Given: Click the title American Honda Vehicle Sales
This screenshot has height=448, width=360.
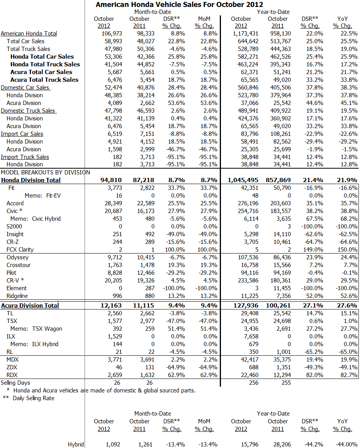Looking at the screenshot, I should tap(179, 5).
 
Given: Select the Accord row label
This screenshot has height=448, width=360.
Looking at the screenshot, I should tap(15, 203).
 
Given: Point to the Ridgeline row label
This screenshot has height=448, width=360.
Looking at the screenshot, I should tap(17, 296).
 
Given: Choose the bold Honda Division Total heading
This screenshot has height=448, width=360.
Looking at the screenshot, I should tap(31, 180).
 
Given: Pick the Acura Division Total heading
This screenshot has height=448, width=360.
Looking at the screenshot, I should tap(30, 306).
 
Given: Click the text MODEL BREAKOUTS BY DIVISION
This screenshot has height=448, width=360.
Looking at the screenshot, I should tap(46, 172).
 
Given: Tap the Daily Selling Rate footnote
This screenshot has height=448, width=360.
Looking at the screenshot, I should tap(33, 398).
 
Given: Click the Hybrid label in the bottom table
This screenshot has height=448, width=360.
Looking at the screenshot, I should tap(76, 445).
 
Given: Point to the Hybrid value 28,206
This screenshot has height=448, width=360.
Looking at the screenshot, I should tap(281, 445).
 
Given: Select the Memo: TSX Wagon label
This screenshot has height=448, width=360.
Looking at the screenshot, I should tap(36, 329).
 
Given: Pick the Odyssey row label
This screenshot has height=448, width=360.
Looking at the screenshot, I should tap(17, 257).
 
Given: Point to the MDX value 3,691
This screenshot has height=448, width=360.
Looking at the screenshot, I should tap(146, 360).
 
